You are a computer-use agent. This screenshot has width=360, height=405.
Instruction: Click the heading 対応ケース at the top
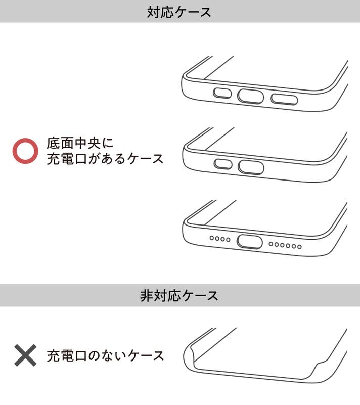click(179, 12)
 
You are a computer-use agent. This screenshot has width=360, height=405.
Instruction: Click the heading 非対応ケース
click(179, 295)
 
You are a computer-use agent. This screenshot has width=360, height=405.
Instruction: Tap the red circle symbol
click(25, 151)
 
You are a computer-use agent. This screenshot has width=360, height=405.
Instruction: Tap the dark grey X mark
click(25, 355)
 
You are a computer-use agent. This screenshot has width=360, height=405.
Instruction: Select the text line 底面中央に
click(80, 143)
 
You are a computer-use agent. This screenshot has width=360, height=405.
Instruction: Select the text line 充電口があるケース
click(105, 159)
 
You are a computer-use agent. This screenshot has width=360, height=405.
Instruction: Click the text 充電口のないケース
click(105, 355)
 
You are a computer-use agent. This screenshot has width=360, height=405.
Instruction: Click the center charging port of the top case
click(250, 97)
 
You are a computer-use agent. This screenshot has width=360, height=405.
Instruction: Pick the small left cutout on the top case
click(222, 93)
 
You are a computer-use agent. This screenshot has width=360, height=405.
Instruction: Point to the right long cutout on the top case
click(284, 99)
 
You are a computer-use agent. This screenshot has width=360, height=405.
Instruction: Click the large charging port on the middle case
click(251, 167)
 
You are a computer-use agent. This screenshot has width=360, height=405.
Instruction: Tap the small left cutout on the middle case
click(223, 164)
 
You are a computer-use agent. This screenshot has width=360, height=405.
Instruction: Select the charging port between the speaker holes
click(250, 242)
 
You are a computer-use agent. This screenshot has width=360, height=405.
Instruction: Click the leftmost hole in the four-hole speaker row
click(212, 238)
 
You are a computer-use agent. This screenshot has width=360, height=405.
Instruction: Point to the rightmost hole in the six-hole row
click(299, 247)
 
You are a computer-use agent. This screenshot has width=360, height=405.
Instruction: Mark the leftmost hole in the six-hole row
click(271, 244)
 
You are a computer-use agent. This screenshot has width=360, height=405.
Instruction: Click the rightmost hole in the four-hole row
click(228, 240)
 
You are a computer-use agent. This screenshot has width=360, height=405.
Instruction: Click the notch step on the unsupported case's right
click(320, 364)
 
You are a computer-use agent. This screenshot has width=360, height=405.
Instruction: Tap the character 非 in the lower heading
click(147, 295)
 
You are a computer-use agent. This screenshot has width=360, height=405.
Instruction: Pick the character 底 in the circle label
click(53, 143)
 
